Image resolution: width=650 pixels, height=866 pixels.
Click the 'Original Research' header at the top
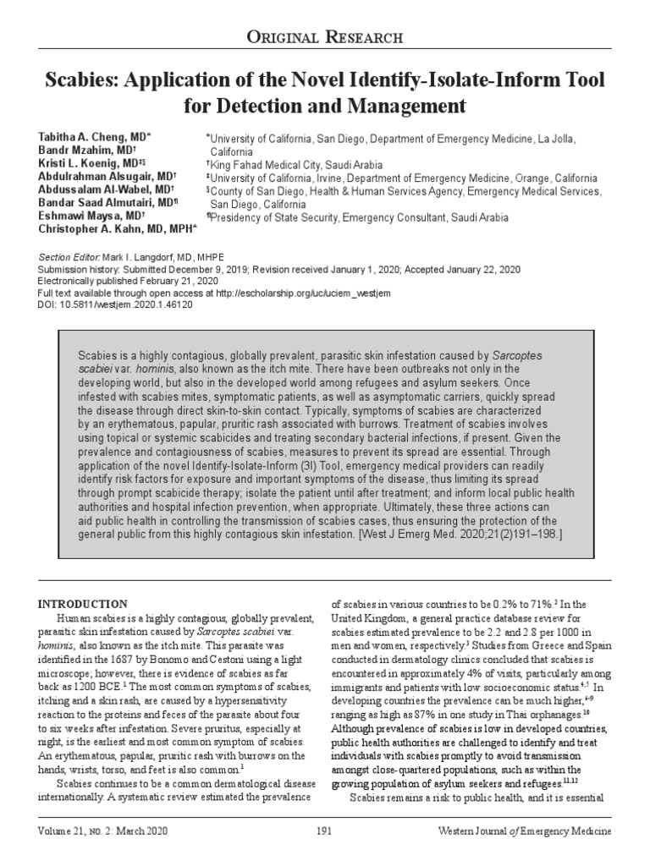tap(324, 38)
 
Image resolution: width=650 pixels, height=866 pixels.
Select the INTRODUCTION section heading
tap(84, 604)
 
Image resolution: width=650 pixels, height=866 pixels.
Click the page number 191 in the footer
tap(324, 831)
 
